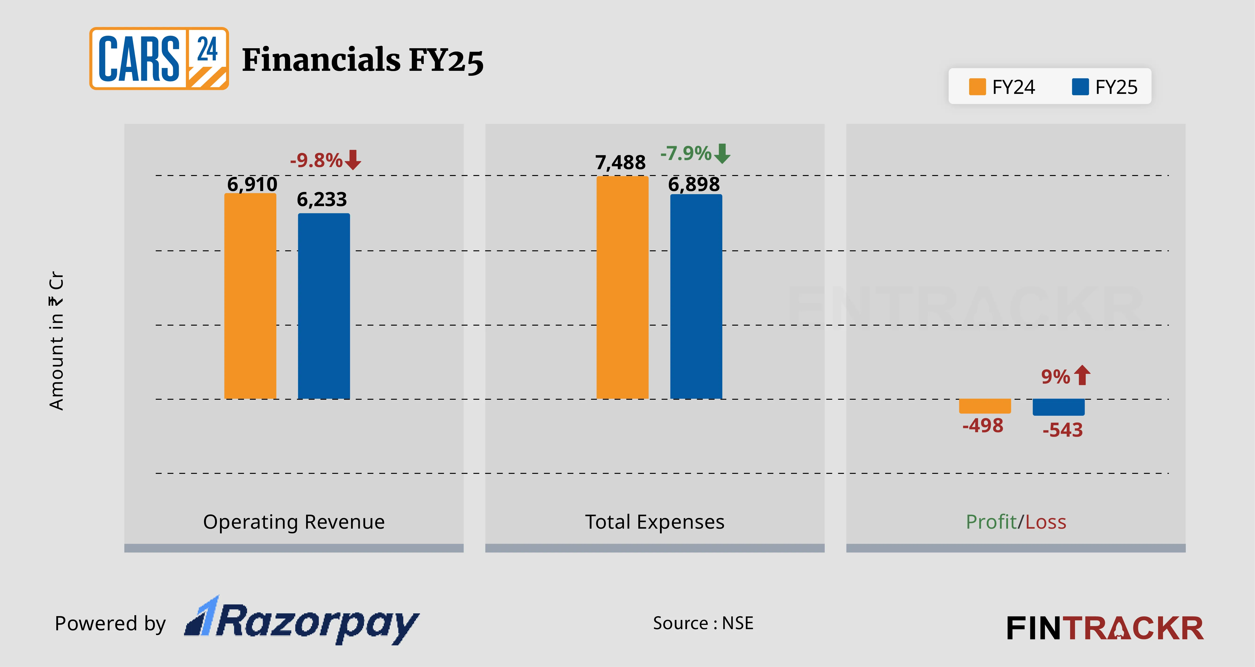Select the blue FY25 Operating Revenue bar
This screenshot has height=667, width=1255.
tap(324, 306)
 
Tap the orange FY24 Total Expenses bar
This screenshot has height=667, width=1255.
tap(622, 288)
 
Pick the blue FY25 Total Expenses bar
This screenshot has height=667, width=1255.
tap(696, 296)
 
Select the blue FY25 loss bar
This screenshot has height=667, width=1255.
tap(1058, 407)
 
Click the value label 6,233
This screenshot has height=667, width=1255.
tap(322, 199)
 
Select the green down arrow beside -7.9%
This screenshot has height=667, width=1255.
tap(722, 153)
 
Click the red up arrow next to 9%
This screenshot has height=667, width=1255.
tap(1082, 375)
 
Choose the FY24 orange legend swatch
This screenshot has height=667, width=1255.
tap(977, 87)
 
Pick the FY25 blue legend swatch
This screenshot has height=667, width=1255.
tap(1080, 87)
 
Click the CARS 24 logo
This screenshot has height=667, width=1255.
tap(159, 59)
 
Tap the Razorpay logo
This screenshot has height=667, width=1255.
tap(302, 621)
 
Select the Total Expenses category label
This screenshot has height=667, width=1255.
tap(654, 522)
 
